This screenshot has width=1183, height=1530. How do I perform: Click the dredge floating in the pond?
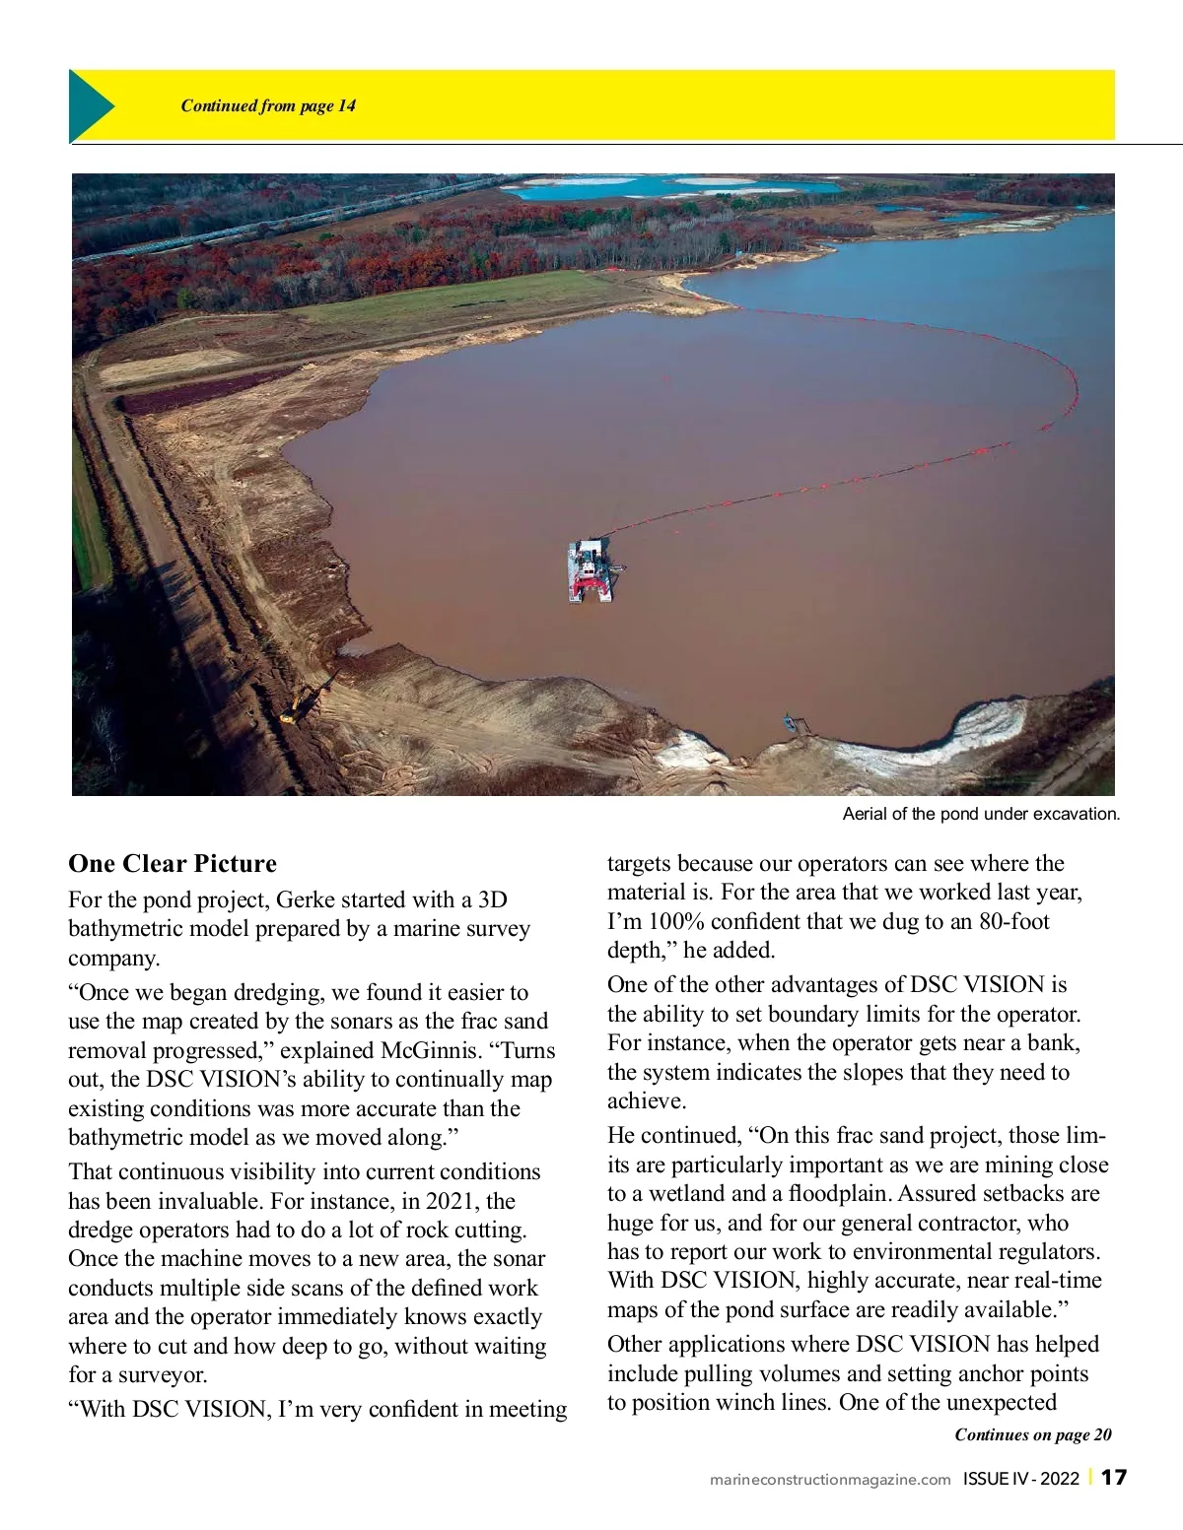591,571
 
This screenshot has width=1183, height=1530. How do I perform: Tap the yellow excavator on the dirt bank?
292,711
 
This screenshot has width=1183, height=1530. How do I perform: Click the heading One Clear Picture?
173,864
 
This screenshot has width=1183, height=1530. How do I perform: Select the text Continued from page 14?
268,106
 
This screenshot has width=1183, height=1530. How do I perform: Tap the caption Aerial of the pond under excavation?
981,815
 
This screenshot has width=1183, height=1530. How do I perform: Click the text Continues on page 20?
1032,1434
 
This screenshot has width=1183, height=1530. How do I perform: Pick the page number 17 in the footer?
1114,1478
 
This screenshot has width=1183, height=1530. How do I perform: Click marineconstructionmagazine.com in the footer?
830,1479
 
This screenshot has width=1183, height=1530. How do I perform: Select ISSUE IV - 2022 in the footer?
1021,1479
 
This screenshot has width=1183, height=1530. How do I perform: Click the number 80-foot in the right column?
1014,921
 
